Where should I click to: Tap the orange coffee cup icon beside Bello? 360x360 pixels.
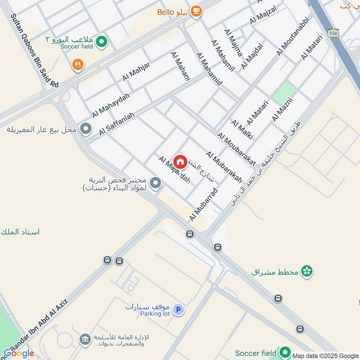[x=196, y=11]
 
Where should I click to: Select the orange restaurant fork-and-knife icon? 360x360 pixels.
[x=78, y=65]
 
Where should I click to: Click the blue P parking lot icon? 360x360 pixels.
[x=178, y=310]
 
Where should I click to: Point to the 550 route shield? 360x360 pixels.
[x=333, y=33]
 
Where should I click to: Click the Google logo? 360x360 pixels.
[x=18, y=353]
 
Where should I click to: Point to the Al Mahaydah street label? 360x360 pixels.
[x=111, y=105]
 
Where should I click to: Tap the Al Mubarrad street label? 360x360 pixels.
[x=204, y=204]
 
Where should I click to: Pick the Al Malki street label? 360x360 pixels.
[x=242, y=129]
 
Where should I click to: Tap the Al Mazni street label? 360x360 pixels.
[x=282, y=109]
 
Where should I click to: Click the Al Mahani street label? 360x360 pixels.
[x=180, y=66]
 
